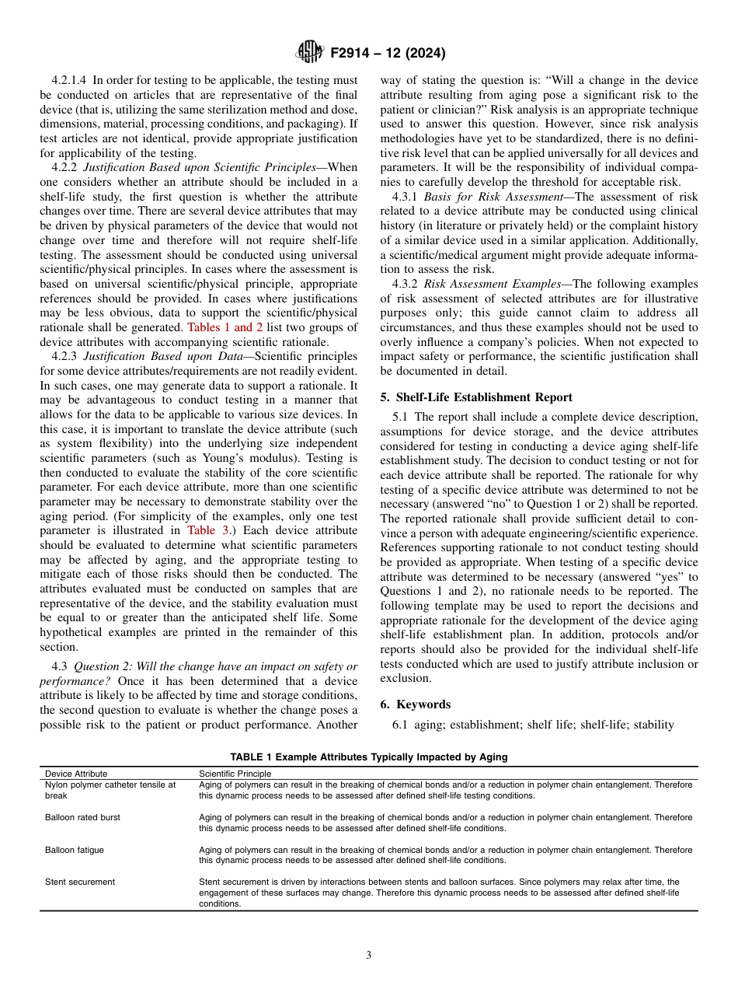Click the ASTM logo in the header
click(310, 53)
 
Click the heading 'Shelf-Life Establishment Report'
click(487, 397)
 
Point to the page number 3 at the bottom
click(369, 956)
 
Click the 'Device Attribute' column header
click(76, 774)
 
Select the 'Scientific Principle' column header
click(235, 774)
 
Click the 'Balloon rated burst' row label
click(82, 817)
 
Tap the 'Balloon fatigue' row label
click(75, 850)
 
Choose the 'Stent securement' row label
click(80, 882)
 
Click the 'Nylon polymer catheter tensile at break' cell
click(110, 790)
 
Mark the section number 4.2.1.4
click(69, 80)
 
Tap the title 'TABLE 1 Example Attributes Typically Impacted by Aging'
click(368, 757)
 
